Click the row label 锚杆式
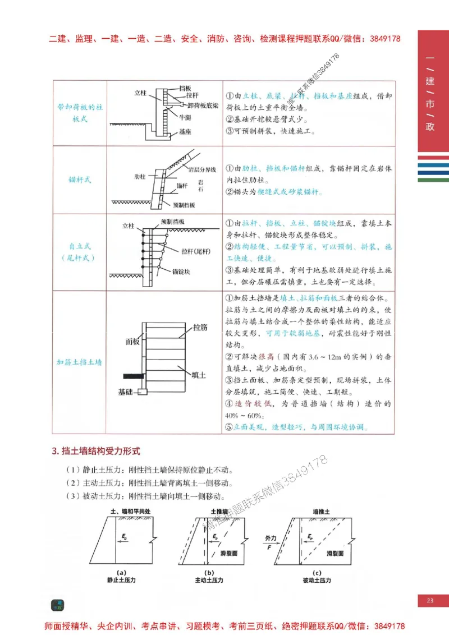point(79,180)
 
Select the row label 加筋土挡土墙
point(79,362)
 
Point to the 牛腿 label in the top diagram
point(186,118)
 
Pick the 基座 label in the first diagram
point(185,132)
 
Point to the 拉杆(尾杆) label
point(196,251)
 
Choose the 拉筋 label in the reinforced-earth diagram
point(200,326)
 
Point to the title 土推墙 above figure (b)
point(219,512)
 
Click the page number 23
point(430,601)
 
